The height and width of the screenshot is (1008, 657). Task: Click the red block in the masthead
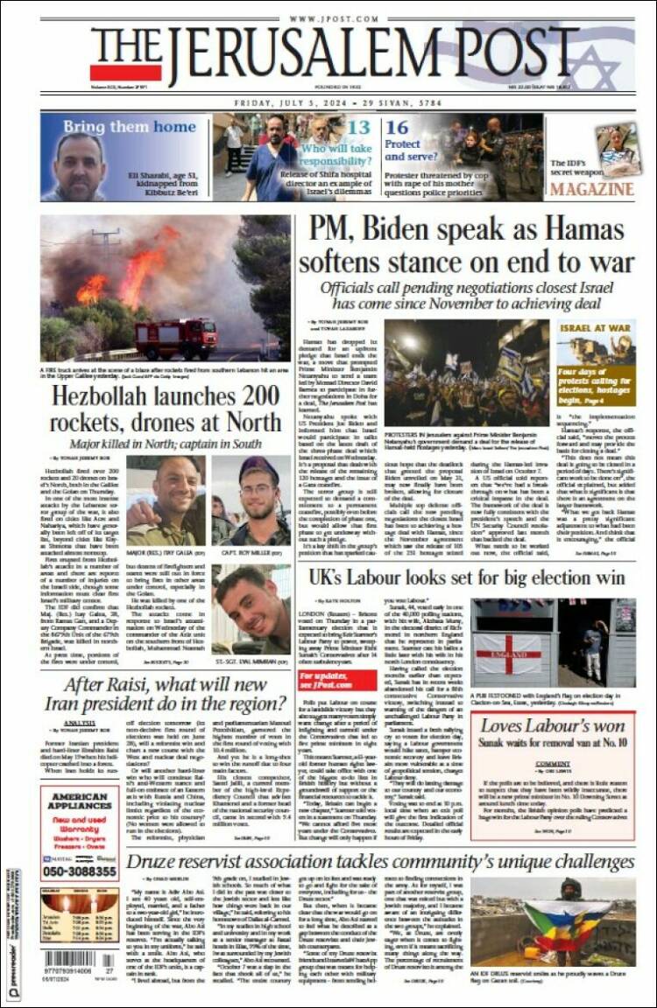click(x=125, y=72)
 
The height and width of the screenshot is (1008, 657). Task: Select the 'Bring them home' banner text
click(x=129, y=127)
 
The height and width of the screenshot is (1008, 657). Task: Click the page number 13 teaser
click(x=357, y=128)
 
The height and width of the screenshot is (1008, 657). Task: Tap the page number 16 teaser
click(x=397, y=128)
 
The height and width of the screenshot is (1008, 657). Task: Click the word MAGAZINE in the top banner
click(x=592, y=189)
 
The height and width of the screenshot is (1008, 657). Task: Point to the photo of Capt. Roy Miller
click(x=251, y=500)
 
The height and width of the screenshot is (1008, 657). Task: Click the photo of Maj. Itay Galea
click(x=166, y=500)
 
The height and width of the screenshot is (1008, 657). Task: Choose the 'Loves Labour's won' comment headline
click(x=552, y=725)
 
